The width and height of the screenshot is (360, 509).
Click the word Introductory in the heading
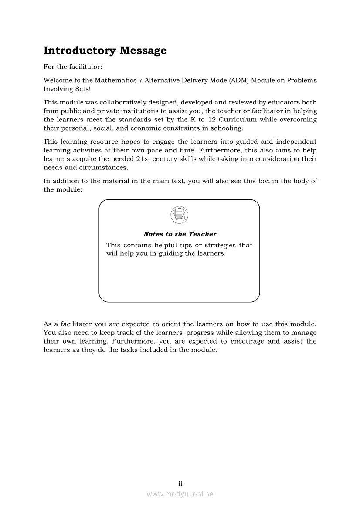click(x=74, y=51)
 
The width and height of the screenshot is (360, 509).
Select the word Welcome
click(x=58, y=81)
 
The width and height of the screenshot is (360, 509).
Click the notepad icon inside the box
click(x=180, y=214)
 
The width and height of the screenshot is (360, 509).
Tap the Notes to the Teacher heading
click(x=180, y=234)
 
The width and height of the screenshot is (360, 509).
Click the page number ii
click(x=180, y=484)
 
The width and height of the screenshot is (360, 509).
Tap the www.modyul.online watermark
click(x=180, y=494)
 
